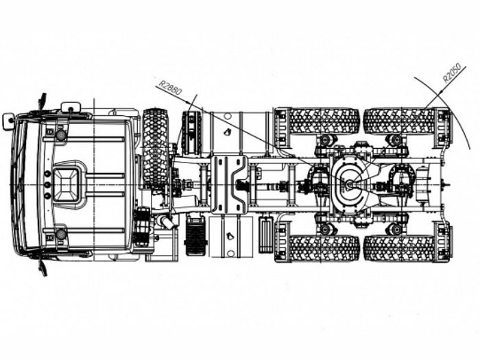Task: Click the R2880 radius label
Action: tap(170, 88)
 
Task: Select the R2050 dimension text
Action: tap(452, 73)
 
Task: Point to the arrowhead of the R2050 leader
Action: tap(442, 91)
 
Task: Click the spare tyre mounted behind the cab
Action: tap(156, 147)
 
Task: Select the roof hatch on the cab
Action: tap(67, 185)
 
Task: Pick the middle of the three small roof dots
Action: tap(47, 184)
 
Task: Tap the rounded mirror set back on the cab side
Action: tap(71, 107)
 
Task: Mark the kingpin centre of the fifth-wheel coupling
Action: tap(349, 184)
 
